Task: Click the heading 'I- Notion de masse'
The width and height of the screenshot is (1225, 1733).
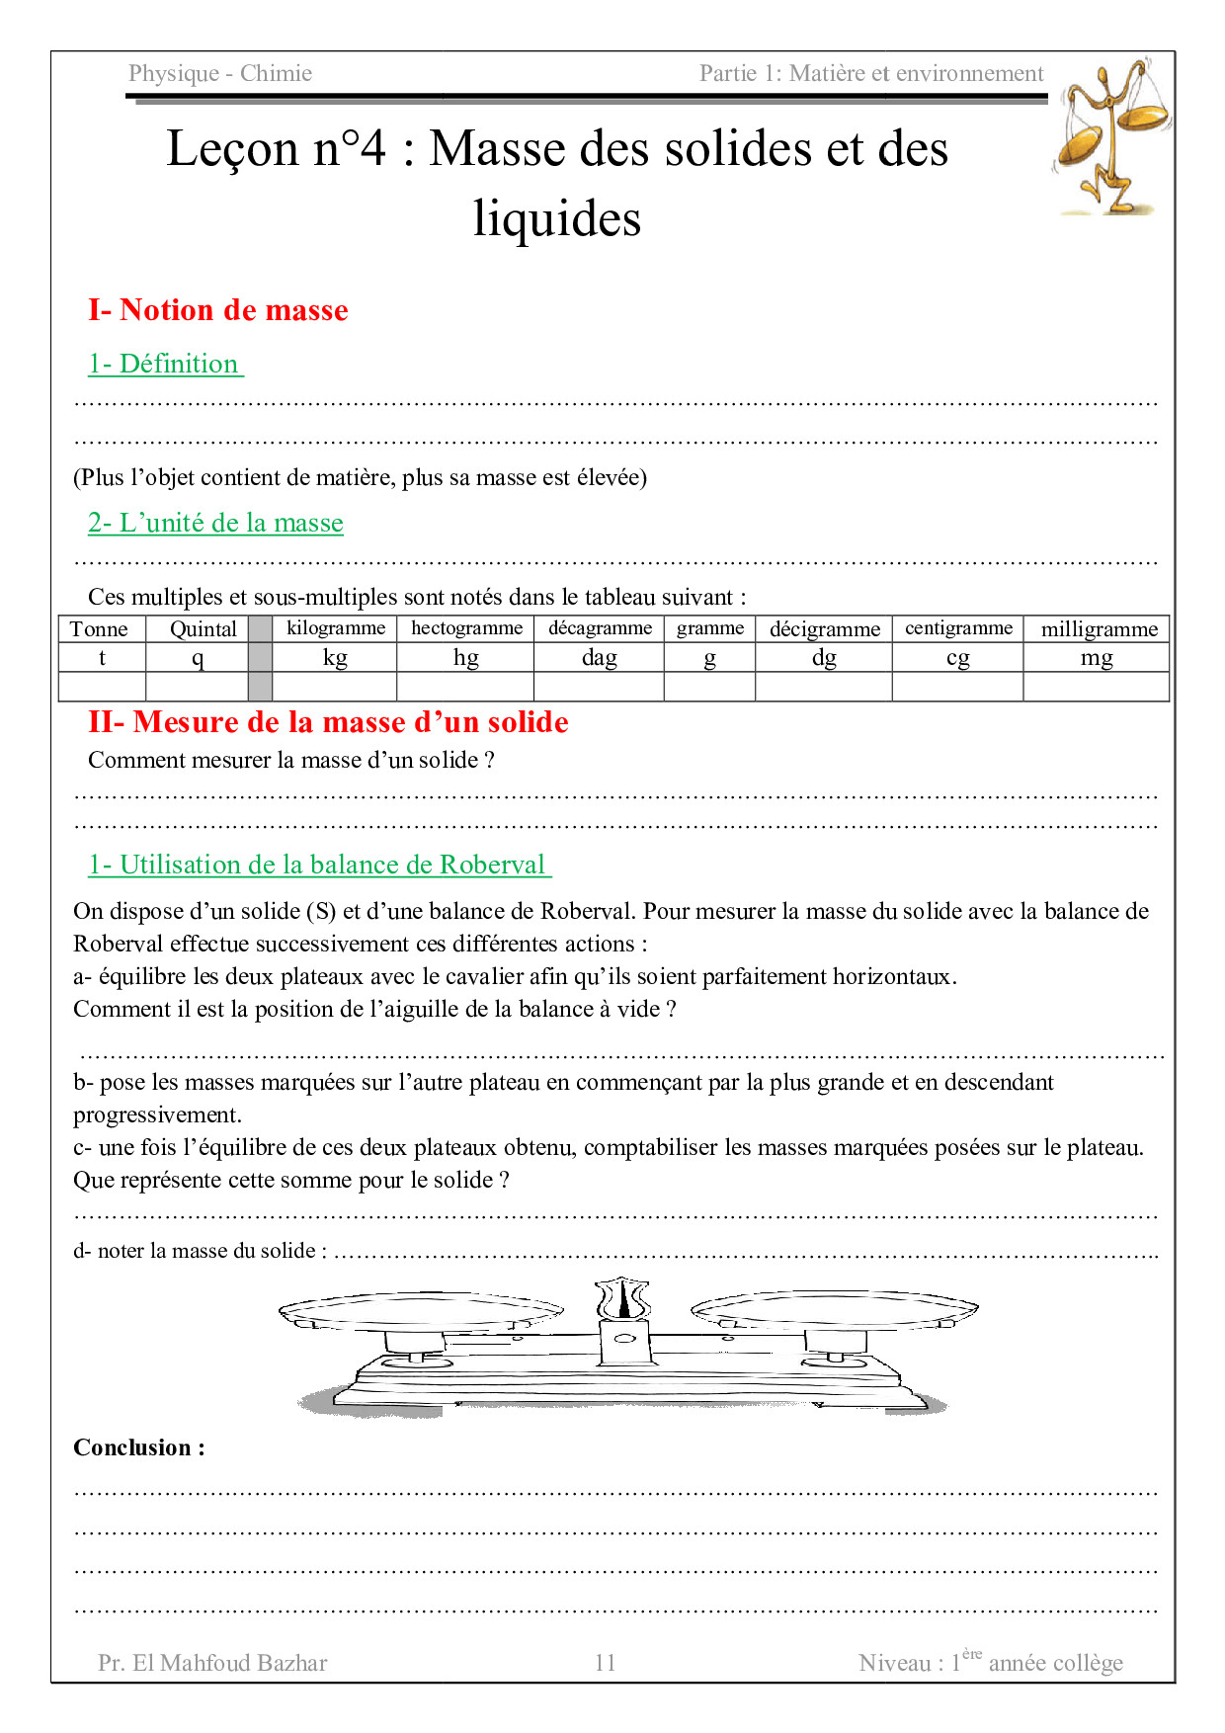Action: pyautogui.click(x=218, y=310)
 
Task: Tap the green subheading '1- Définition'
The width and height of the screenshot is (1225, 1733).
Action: pyautogui.click(x=165, y=364)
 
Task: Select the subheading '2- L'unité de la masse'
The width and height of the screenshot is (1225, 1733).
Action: pyautogui.click(x=215, y=523)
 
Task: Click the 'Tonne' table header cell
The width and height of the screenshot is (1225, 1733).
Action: pyautogui.click(x=100, y=629)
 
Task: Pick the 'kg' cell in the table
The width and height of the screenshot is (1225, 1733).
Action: pyautogui.click(x=335, y=658)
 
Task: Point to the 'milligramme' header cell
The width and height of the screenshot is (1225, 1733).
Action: pyautogui.click(x=1099, y=629)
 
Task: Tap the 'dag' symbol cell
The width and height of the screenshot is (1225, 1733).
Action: pyautogui.click(x=599, y=658)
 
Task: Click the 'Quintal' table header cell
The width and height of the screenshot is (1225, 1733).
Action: pyautogui.click(x=203, y=629)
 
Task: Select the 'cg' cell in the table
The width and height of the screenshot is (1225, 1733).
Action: pyautogui.click(x=957, y=658)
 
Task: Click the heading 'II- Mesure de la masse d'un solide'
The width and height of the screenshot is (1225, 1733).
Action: pyautogui.click(x=328, y=722)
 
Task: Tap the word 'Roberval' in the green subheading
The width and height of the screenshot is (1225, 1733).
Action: pyautogui.click(x=492, y=865)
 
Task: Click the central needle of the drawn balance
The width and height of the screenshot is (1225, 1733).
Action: pyautogui.click(x=622, y=1299)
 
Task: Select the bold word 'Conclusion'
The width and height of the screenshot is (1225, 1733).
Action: pyautogui.click(x=132, y=1447)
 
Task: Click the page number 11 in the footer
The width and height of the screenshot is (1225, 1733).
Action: pyautogui.click(x=605, y=1663)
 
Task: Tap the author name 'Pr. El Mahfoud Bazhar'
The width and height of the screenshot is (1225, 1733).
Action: pyautogui.click(x=212, y=1663)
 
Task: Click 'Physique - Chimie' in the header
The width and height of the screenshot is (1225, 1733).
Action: pyautogui.click(x=220, y=73)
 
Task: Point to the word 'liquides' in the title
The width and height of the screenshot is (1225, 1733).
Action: pyautogui.click(x=557, y=218)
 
